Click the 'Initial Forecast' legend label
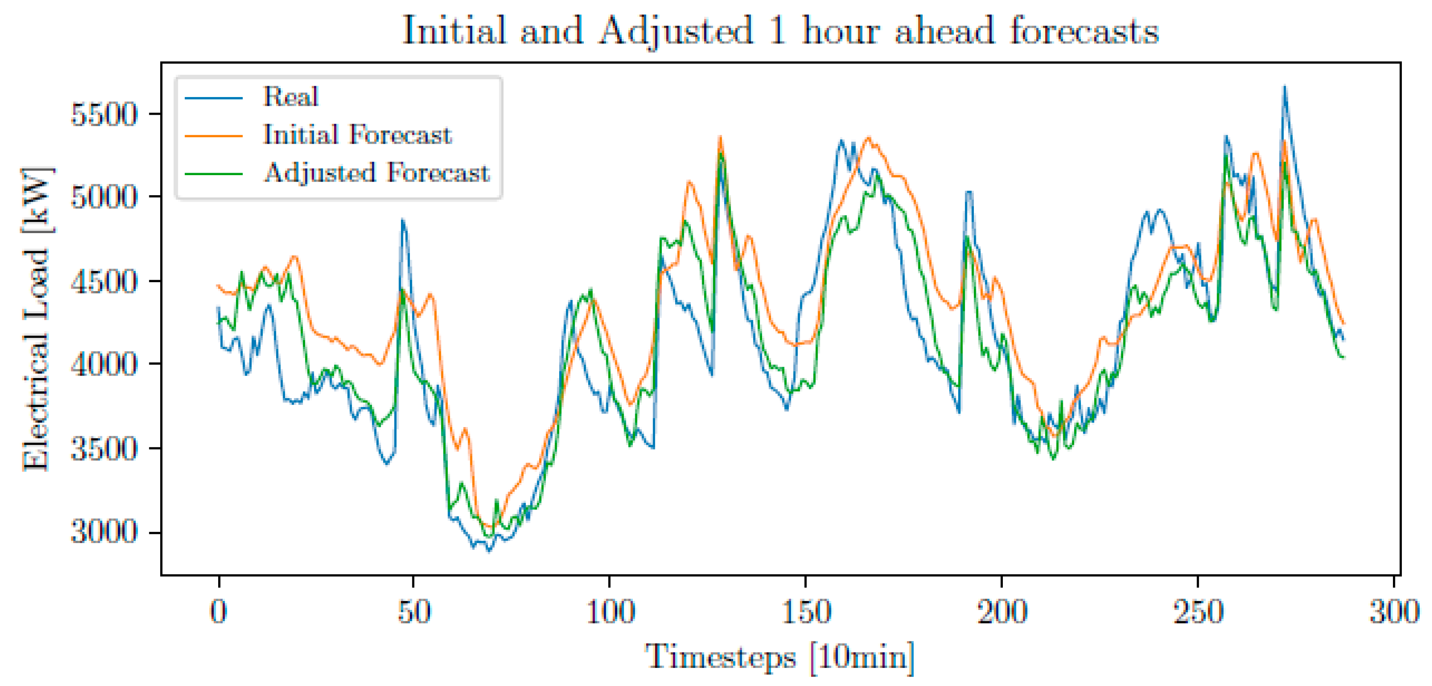pos(357,135)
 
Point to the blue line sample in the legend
pos(213,98)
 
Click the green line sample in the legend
pos(213,174)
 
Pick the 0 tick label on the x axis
pos(219,612)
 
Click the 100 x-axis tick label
pos(610,612)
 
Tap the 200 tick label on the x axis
pos(1001,612)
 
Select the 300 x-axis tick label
pos(1393,612)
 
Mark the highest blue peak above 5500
pos(1284,88)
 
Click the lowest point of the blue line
pos(489,551)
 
